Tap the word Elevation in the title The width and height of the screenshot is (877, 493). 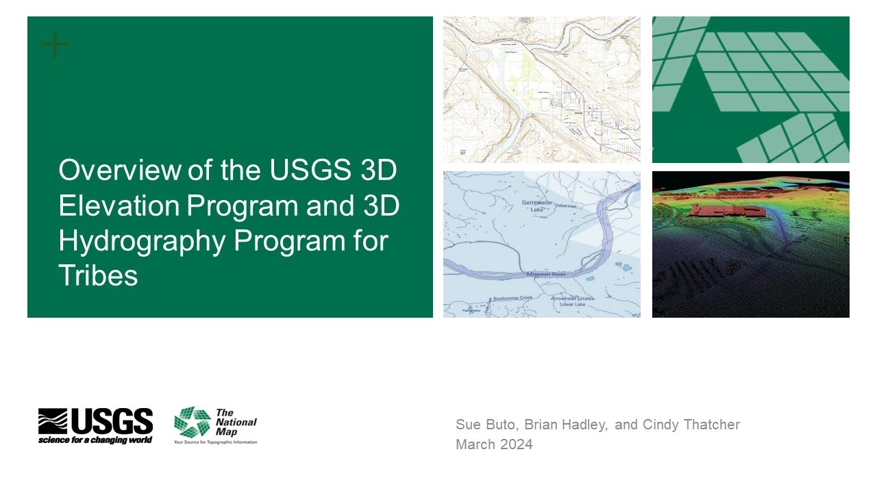click(x=119, y=206)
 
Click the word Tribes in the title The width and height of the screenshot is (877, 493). click(x=98, y=275)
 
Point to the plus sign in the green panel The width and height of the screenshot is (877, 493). click(x=55, y=45)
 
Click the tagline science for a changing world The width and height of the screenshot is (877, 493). click(x=95, y=440)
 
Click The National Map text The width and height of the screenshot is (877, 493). click(x=235, y=422)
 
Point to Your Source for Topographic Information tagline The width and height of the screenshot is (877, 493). click(x=215, y=442)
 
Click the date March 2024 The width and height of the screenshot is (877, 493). click(x=494, y=444)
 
